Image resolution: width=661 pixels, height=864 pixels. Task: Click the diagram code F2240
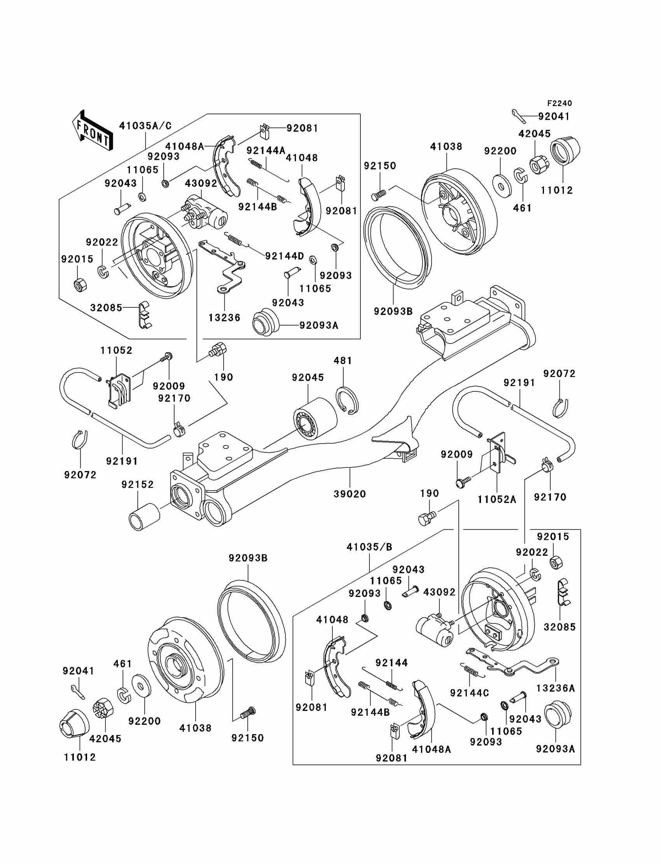click(560, 103)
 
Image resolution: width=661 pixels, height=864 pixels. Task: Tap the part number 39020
click(350, 494)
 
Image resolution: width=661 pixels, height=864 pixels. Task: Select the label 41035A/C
click(145, 126)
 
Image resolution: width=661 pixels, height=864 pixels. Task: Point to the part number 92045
click(308, 377)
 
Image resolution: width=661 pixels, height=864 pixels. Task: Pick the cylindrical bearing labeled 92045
click(315, 419)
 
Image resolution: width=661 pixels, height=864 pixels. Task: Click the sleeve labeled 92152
click(144, 517)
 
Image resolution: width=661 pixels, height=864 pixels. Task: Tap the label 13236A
click(556, 688)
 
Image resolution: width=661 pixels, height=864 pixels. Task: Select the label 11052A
click(497, 499)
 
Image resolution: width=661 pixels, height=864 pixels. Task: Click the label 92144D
click(285, 257)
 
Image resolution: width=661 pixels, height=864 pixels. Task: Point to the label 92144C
click(469, 693)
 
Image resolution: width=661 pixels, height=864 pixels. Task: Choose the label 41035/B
click(369, 547)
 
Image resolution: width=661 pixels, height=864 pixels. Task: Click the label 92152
click(138, 485)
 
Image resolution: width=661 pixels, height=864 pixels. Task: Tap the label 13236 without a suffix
click(224, 318)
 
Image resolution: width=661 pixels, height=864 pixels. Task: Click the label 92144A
click(266, 151)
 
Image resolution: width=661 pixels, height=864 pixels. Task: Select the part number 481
click(343, 361)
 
